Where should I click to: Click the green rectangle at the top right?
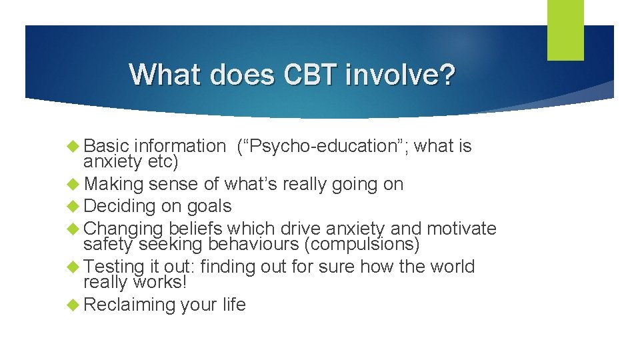pyautogui.click(x=565, y=30)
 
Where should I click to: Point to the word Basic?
pyautogui.click(x=107, y=146)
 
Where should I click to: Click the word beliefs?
pyautogui.click(x=197, y=229)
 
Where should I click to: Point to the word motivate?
pyautogui.click(x=461, y=229)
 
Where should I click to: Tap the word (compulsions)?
pyautogui.click(x=362, y=245)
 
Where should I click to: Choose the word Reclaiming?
pyautogui.click(x=129, y=305)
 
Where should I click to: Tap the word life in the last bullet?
pyautogui.click(x=234, y=305)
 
